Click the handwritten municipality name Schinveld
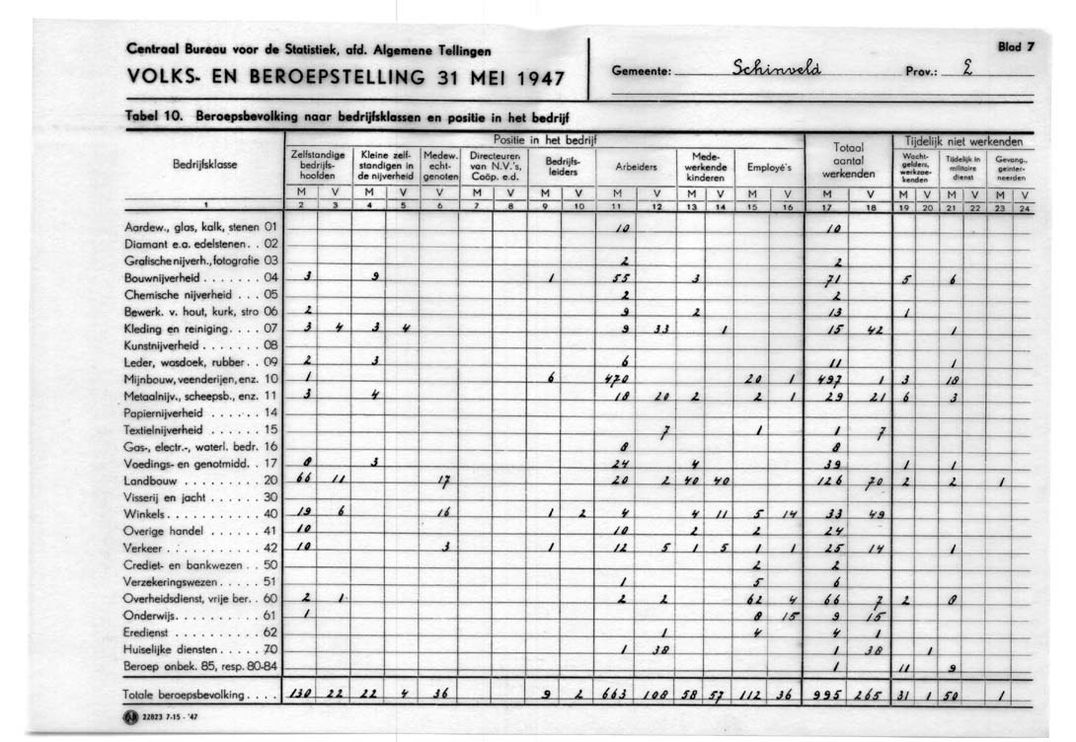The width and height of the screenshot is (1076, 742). [779, 70]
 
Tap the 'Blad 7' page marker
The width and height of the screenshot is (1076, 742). [1015, 45]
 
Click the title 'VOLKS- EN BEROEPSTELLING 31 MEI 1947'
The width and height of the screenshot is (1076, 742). [347, 77]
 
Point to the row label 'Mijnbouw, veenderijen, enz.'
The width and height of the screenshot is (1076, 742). [194, 378]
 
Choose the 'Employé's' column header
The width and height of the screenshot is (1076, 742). [769, 167]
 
